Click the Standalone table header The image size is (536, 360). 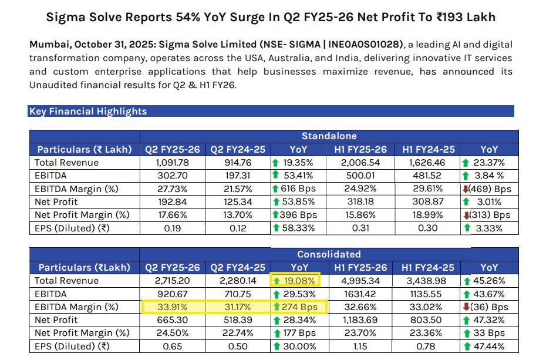(x=329, y=136)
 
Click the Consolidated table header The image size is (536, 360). (x=329, y=254)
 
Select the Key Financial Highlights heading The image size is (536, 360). (x=88, y=111)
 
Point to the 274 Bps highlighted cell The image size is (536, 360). (x=298, y=307)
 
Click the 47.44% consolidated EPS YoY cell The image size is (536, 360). (x=489, y=346)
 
